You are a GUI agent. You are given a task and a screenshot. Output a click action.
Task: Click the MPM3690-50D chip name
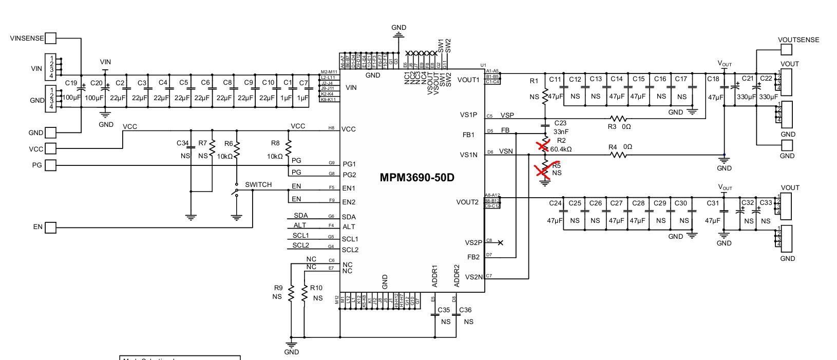416,178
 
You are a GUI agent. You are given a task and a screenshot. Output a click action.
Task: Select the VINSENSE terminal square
50,38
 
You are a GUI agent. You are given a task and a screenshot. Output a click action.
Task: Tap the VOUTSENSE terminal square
787,49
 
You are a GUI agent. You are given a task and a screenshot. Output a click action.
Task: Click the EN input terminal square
50,227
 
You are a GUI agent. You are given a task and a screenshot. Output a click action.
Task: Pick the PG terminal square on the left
50,165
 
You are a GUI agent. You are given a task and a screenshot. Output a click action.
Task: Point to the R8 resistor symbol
288,149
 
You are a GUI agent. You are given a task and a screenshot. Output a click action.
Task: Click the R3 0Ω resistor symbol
618,118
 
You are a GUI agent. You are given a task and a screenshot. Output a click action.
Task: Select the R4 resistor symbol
618,155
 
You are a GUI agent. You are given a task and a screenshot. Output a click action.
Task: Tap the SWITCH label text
258,185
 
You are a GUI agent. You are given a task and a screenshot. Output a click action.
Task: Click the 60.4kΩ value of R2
561,149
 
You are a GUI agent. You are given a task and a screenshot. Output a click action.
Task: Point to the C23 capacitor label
560,123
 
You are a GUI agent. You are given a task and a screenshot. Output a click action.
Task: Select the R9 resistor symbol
291,294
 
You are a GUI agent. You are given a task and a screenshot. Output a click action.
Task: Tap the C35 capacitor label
444,310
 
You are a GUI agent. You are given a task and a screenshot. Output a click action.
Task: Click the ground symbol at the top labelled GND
398,35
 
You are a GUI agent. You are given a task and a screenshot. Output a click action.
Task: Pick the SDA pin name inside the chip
349,217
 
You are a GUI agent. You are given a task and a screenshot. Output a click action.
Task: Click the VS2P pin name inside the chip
473,242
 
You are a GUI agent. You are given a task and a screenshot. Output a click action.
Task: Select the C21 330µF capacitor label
748,79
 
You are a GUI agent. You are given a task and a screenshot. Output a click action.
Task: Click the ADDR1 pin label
434,276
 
